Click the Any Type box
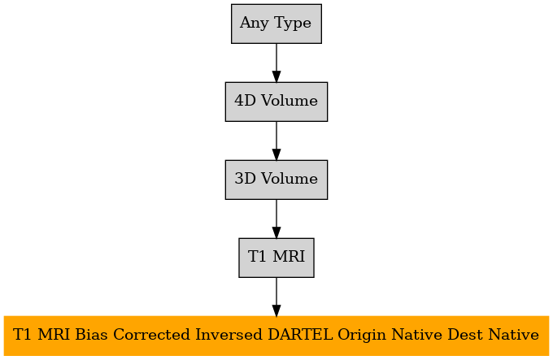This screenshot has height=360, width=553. click(x=276, y=24)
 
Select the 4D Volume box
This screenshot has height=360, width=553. click(x=276, y=102)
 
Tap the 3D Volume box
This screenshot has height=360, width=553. click(x=276, y=180)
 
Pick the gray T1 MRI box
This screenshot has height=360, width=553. click(x=276, y=258)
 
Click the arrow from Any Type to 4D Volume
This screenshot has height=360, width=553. click(x=276, y=63)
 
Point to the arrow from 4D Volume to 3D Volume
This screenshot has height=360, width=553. click(x=276, y=141)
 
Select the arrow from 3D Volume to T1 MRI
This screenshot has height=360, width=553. click(x=276, y=219)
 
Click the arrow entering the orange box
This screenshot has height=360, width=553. click(x=276, y=297)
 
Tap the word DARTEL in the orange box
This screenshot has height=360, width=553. click(x=300, y=335)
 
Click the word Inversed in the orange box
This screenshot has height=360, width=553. click(x=229, y=335)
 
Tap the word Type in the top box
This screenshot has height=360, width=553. click(x=293, y=24)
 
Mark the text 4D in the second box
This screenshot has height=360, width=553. click(x=245, y=101)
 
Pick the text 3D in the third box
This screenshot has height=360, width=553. click(x=245, y=179)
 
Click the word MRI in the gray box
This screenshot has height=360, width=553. click(x=289, y=257)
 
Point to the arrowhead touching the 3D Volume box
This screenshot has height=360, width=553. click(x=276, y=154)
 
